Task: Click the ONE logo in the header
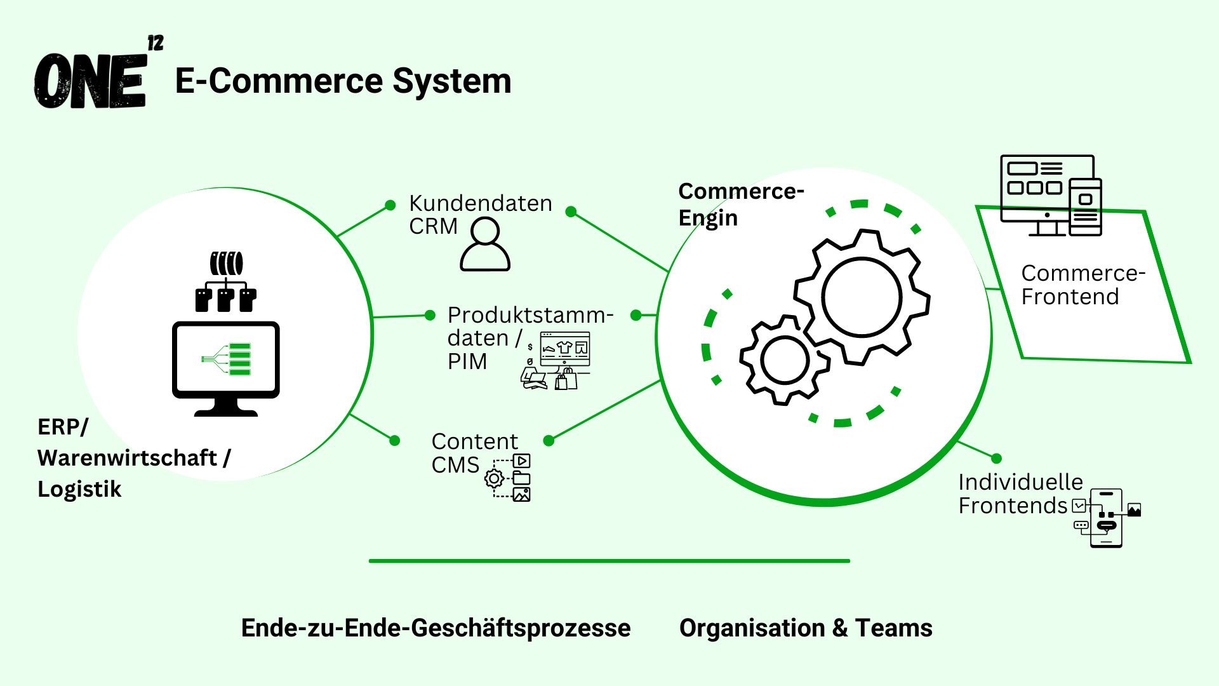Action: [x=90, y=81]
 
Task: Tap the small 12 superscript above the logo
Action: [x=155, y=43]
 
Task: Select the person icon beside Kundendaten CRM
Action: [x=485, y=245]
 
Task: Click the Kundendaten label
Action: [x=480, y=203]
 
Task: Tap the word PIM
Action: [x=467, y=361]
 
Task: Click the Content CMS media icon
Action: [x=510, y=478]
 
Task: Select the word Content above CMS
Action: [x=474, y=441]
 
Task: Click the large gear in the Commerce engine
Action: [x=861, y=297]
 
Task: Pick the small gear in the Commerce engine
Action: [x=785, y=360]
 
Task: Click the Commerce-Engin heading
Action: [x=740, y=204]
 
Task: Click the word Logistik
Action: [x=79, y=489]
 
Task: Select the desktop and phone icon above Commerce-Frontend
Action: [x=1051, y=196]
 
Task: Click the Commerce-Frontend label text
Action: [x=1082, y=285]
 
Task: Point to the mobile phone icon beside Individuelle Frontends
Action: [x=1107, y=518]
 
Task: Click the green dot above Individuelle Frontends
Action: [x=996, y=459]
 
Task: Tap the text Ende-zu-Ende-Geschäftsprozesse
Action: [x=436, y=628]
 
